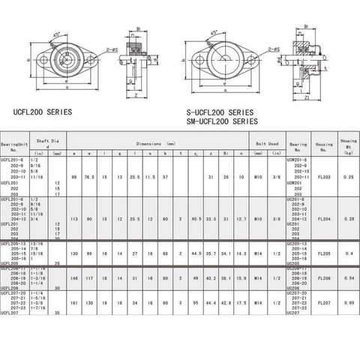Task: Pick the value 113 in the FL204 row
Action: pos(74,219)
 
